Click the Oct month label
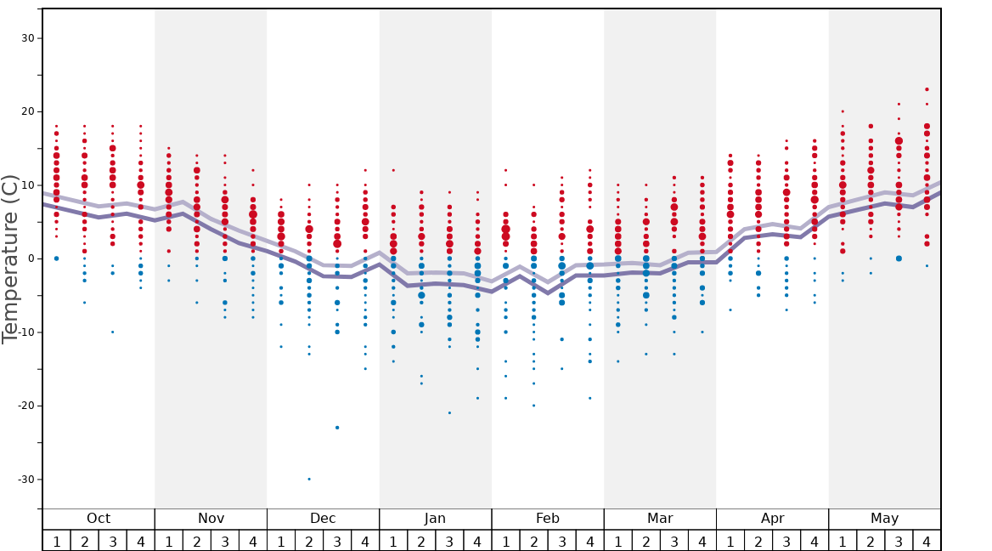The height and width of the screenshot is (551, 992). click(x=99, y=519)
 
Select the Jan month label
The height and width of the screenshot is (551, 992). click(x=435, y=519)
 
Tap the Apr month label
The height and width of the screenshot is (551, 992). click(x=772, y=519)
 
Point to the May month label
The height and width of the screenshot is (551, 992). click(x=884, y=519)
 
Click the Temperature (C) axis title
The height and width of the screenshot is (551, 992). click(x=10, y=258)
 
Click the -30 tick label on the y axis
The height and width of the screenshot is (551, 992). click(x=25, y=479)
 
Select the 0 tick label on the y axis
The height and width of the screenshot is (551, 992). click(x=31, y=258)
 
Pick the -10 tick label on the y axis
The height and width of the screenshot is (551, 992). click(x=25, y=332)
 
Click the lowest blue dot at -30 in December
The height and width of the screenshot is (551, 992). click(x=309, y=479)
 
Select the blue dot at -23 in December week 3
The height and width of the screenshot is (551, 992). click(x=337, y=428)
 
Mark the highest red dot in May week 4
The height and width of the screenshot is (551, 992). click(x=927, y=89)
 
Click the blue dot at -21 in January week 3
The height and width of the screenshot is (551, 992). click(x=449, y=413)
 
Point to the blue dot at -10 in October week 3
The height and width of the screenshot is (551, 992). click(x=112, y=332)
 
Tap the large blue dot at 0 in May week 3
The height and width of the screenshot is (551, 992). click(x=899, y=258)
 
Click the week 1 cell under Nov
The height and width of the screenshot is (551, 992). click(x=169, y=541)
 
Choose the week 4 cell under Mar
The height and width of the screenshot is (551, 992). click(x=702, y=541)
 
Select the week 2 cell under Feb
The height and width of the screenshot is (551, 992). click(x=533, y=541)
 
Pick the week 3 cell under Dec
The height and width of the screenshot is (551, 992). click(x=337, y=541)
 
